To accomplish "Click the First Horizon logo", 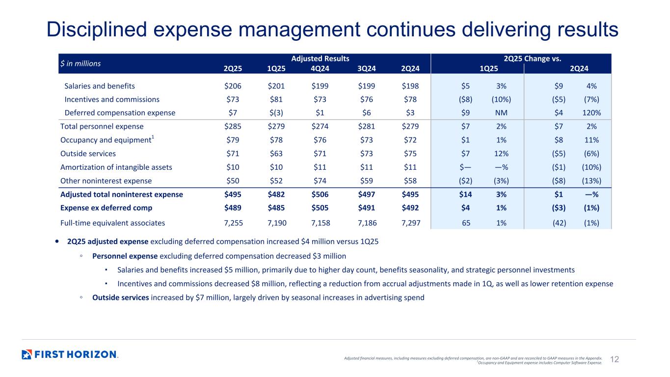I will tap(70, 354).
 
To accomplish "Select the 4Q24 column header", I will tap(321, 69).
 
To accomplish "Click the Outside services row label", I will tap(88, 154).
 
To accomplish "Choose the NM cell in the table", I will tap(501, 112).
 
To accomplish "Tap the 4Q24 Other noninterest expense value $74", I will tap(321, 181).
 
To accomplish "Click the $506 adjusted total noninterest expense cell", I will tap(321, 194).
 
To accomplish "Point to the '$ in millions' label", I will tap(80, 63).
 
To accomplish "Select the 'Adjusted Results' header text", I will tap(320, 58).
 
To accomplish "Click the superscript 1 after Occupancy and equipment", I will tap(153, 137).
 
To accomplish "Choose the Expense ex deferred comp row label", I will tap(106, 208).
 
